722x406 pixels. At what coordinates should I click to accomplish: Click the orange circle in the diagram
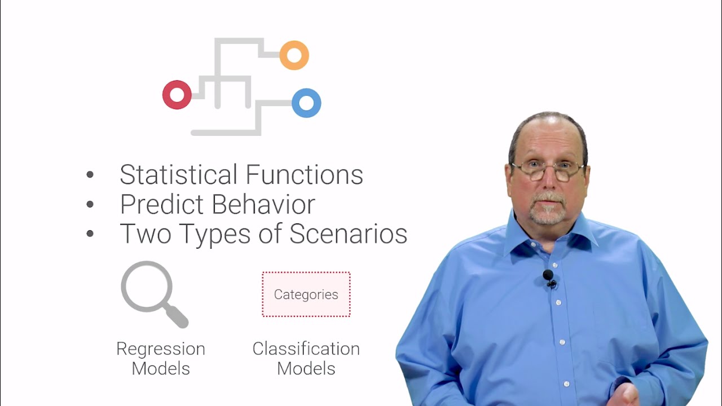coord(294,55)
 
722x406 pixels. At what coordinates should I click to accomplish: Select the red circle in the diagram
coord(177,95)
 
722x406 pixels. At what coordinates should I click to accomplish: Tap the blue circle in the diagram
coord(306,103)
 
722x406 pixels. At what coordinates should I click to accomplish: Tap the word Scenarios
coord(348,234)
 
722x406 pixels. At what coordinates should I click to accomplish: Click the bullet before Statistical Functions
coord(90,175)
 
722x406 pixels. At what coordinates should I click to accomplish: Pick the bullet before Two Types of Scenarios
coord(90,234)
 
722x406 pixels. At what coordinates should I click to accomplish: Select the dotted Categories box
coord(306,294)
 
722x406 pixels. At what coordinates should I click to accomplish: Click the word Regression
coord(161,349)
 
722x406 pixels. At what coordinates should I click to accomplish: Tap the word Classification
coord(306,349)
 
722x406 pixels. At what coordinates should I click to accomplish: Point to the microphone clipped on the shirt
coord(548,276)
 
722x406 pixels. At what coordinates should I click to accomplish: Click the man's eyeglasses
coord(548,170)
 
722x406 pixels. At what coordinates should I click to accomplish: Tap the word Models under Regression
coord(161,369)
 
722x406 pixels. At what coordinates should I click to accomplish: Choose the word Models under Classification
coord(306,369)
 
